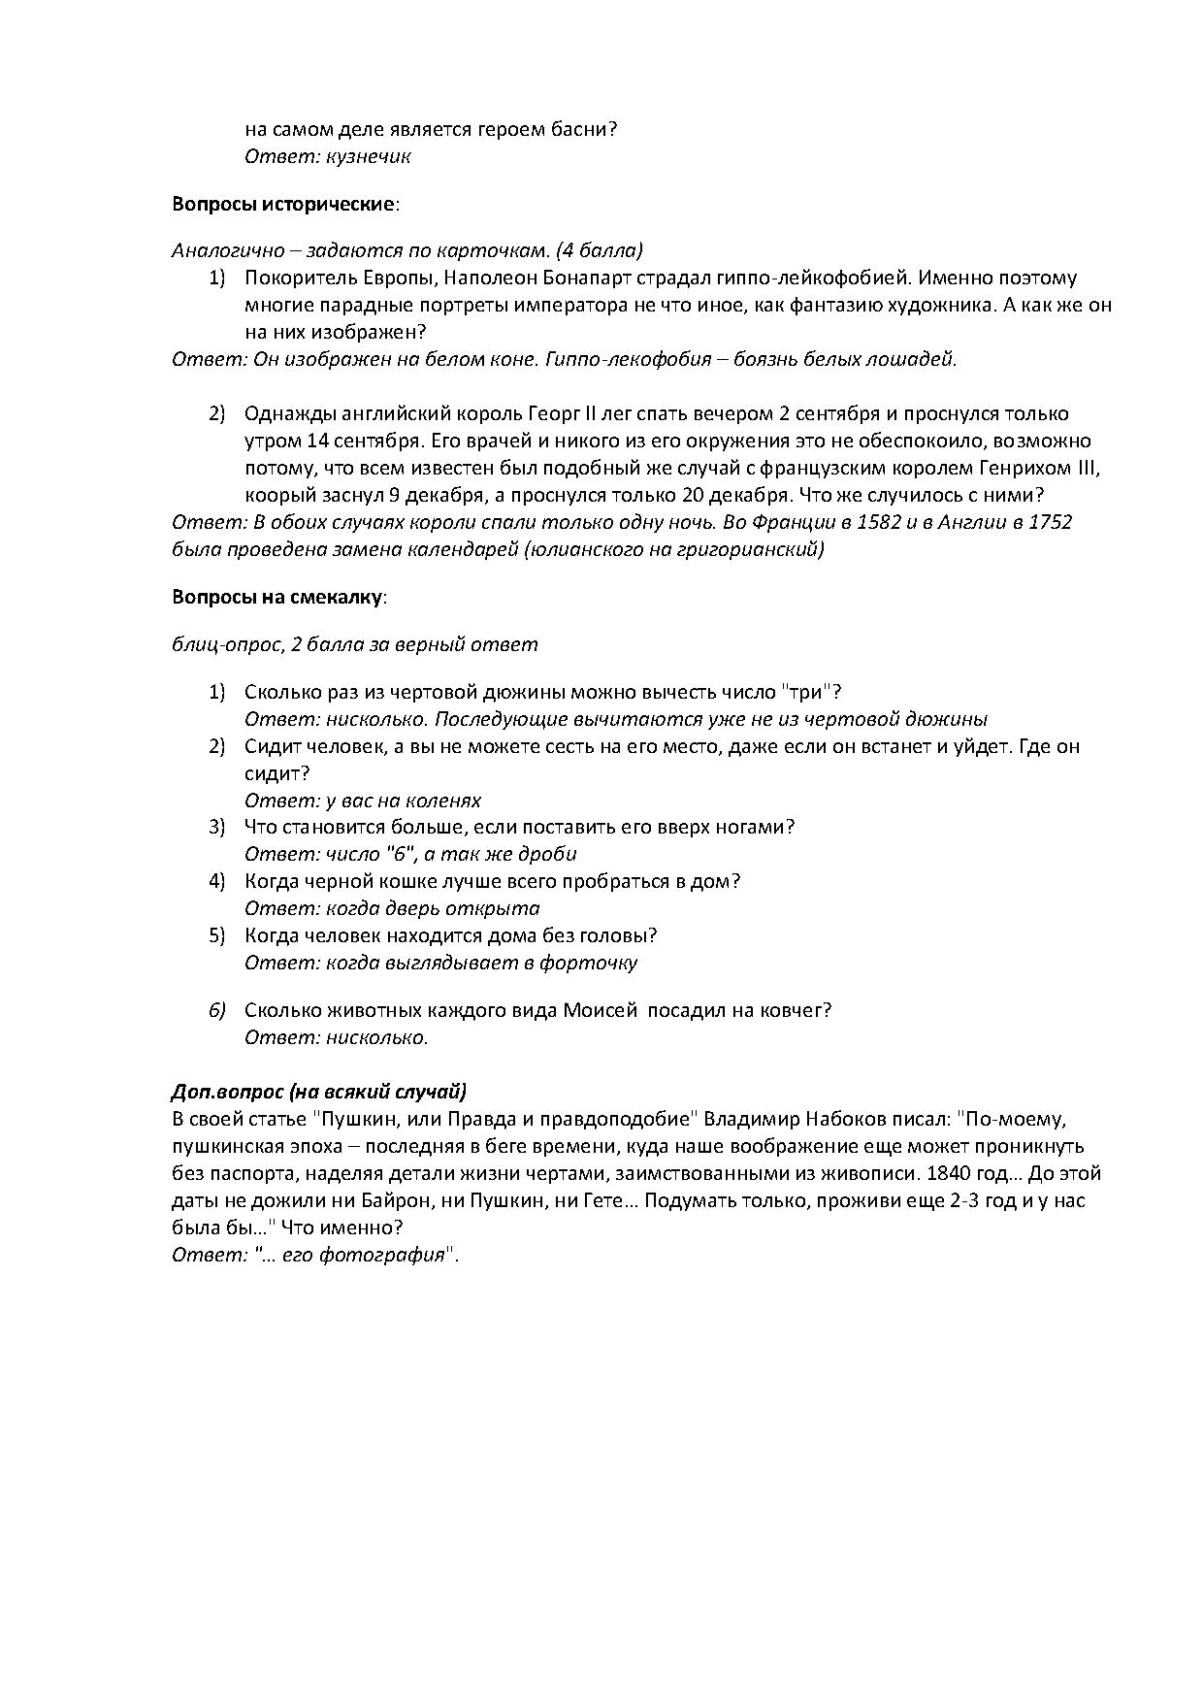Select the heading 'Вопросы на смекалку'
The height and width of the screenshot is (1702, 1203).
click(x=277, y=597)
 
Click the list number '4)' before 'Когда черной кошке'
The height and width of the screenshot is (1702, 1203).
click(x=216, y=881)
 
